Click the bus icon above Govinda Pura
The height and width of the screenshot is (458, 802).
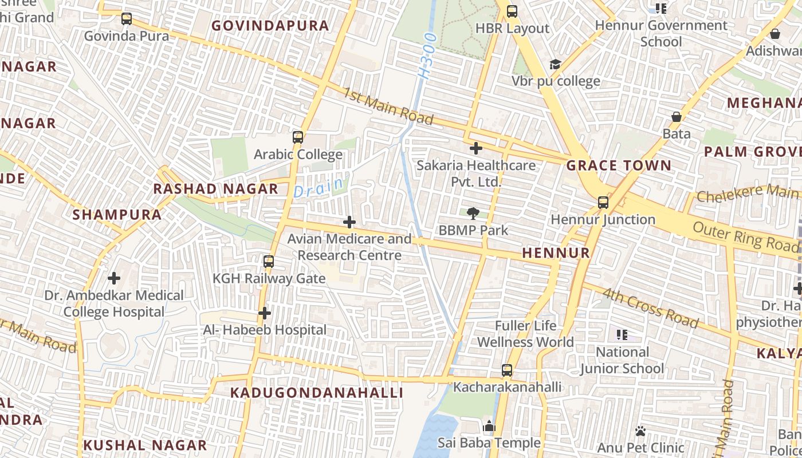point(127,19)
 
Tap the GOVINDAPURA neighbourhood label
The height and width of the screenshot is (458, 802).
point(270,26)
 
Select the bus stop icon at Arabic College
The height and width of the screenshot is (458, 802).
point(297,137)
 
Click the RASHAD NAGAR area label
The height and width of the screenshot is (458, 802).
point(215,189)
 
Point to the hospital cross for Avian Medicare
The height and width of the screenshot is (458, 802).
point(349,222)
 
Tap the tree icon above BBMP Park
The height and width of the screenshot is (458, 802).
point(473,214)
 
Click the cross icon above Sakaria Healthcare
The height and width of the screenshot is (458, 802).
point(475,149)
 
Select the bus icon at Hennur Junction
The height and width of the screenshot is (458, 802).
point(603,203)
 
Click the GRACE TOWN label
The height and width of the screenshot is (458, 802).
point(619,166)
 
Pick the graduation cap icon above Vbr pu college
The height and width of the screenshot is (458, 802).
point(555,64)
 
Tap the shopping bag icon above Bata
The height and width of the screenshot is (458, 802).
point(677,117)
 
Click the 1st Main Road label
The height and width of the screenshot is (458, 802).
point(388,106)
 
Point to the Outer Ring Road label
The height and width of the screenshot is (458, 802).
point(745,236)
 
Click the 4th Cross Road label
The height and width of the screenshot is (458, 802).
point(650,308)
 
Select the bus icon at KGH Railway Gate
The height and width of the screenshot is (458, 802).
point(268,262)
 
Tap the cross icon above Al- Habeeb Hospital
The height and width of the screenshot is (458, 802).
point(264,313)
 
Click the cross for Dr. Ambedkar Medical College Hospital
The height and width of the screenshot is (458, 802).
point(114,279)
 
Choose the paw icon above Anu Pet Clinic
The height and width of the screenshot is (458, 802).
point(640,431)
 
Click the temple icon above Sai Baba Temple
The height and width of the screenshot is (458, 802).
point(489,426)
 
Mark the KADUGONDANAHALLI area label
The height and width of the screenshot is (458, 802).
point(317,393)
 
